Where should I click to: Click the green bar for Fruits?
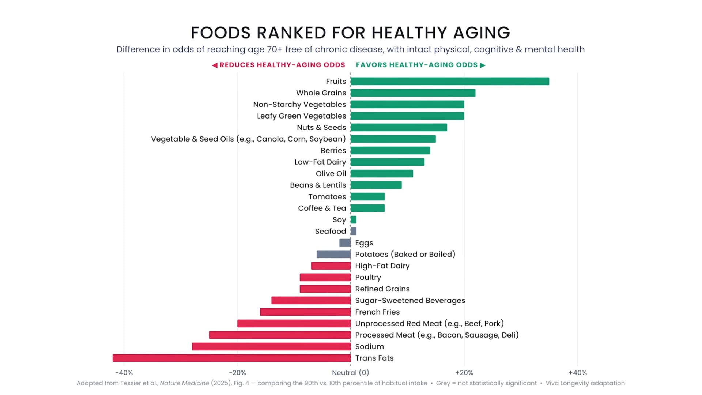[450, 81]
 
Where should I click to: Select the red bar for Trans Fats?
[232, 358]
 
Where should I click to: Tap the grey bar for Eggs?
[345, 243]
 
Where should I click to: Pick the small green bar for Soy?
[354, 220]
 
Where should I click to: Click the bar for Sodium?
[271, 346]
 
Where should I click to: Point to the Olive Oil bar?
[382, 173]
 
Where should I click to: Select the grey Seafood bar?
[354, 231]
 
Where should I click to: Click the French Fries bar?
[305, 312]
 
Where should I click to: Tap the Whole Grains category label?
[321, 93]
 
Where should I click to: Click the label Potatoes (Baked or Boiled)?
[405, 254]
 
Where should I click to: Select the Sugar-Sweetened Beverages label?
[410, 301]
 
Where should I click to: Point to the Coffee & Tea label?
[322, 208]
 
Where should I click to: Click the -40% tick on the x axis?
[124, 373]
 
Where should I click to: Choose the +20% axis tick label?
[464, 373]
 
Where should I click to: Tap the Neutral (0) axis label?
[351, 373]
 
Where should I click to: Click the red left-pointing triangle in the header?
[215, 65]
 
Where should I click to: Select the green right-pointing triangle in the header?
[483, 65]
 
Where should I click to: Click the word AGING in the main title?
[482, 33]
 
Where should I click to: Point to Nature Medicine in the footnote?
[184, 383]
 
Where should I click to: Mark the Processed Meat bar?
[280, 335]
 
